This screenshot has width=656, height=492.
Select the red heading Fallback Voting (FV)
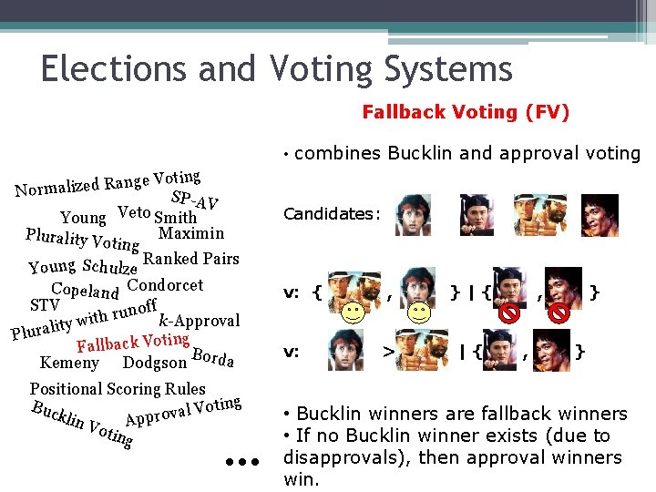coord(465,112)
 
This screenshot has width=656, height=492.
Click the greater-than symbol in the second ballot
coord(387,350)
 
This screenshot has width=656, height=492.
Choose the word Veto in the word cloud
coord(134,214)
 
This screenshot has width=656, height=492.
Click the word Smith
coord(176,218)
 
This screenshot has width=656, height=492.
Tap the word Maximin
coord(191,232)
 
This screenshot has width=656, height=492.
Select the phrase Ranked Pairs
coord(191,258)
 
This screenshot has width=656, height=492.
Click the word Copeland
coord(85,292)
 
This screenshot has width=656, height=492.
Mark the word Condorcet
coord(166,284)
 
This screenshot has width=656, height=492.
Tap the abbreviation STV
coord(45,303)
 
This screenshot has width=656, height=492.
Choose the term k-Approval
coord(200,320)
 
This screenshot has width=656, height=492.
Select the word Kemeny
coord(70,363)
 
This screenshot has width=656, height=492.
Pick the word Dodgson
coord(155,364)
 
